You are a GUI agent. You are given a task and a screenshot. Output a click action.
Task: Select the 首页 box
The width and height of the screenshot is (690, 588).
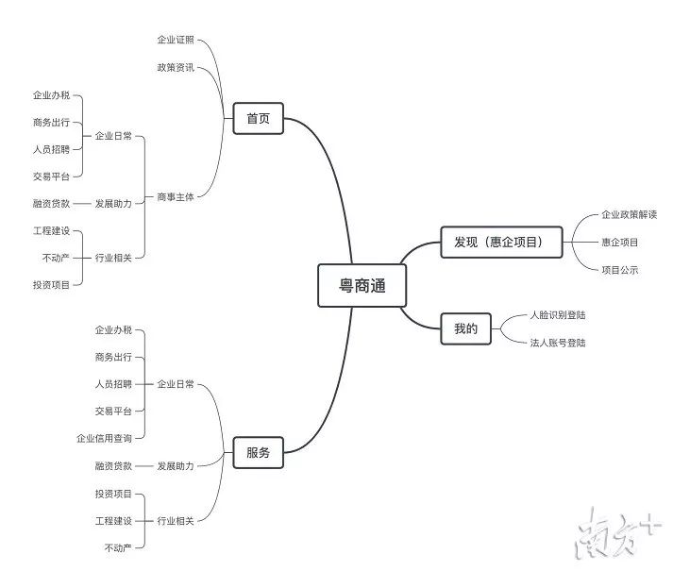(258, 119)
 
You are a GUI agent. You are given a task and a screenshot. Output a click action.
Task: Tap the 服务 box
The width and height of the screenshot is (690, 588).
(258, 453)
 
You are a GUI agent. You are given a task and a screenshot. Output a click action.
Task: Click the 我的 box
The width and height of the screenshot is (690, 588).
(466, 329)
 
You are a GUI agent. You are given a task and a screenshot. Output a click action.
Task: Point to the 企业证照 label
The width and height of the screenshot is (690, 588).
(176, 40)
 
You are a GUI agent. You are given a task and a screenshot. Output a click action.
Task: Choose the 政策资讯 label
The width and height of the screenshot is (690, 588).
(176, 67)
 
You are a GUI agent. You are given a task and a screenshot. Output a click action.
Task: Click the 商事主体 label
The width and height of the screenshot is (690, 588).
(176, 197)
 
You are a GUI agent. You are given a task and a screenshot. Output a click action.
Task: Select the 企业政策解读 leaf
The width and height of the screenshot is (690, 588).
(629, 214)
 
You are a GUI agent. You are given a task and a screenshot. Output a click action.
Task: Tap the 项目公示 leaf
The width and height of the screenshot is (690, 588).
(619, 270)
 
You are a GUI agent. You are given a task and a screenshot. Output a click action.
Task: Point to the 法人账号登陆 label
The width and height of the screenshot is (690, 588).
(557, 343)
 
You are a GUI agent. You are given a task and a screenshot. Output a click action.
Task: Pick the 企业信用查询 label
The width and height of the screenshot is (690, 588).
(104, 438)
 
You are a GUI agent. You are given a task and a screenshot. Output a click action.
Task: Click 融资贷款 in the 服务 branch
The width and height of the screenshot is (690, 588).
(113, 466)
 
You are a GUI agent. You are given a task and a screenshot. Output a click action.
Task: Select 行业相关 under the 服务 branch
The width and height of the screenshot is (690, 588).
(176, 520)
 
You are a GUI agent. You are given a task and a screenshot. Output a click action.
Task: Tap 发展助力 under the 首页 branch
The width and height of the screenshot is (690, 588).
(113, 203)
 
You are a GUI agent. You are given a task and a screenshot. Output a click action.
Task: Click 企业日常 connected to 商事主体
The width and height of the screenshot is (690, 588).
(113, 136)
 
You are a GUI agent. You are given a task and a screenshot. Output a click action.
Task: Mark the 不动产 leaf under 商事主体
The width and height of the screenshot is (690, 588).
(56, 257)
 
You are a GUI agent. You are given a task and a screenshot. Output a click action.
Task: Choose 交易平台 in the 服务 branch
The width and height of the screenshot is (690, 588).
(113, 412)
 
